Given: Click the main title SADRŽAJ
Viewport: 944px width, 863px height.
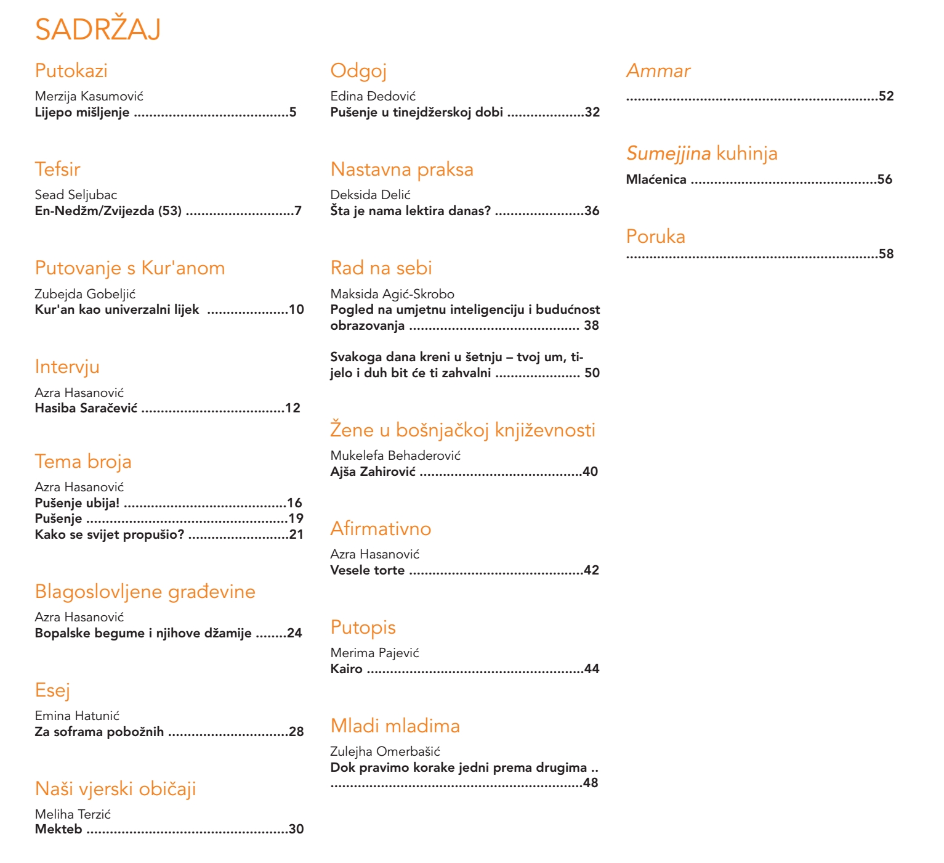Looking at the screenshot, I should (x=98, y=30).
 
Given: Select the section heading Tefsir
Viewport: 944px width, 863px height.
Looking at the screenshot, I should (x=57, y=169).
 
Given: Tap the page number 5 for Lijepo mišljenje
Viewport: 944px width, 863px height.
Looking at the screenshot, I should (x=293, y=112).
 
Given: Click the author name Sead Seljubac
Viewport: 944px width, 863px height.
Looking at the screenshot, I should (x=76, y=195).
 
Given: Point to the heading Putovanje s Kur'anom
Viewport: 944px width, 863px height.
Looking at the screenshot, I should (x=129, y=268).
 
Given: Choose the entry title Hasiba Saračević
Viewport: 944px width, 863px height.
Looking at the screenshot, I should (x=86, y=408).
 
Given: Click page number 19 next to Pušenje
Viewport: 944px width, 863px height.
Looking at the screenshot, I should (x=296, y=518).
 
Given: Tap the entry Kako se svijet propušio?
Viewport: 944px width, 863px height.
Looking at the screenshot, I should (x=110, y=534).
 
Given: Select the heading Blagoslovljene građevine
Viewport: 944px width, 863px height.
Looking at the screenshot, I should (x=145, y=592).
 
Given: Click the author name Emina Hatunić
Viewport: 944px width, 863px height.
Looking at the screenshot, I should (x=77, y=716).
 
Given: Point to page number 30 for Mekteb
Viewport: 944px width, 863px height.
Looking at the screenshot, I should (x=296, y=829).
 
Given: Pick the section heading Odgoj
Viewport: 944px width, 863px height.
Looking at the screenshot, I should (x=358, y=71).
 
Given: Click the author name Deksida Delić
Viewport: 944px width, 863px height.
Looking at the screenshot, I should (x=370, y=195).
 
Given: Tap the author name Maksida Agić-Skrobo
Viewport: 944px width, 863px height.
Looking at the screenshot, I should (x=392, y=294).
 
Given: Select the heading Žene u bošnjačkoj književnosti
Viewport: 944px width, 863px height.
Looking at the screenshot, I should (x=462, y=430).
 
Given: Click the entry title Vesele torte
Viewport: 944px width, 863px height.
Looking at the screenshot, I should (x=367, y=570).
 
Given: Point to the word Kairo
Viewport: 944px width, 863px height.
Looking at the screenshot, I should (x=346, y=669).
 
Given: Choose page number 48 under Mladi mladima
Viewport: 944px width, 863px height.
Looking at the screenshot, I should (x=591, y=783).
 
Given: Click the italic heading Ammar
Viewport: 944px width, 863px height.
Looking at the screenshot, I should (x=658, y=71).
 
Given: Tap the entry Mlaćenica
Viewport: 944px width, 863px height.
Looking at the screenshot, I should (x=656, y=179).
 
